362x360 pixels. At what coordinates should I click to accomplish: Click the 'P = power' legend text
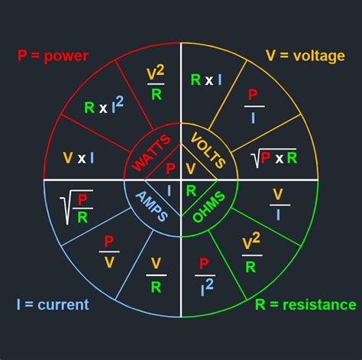pos(53,56)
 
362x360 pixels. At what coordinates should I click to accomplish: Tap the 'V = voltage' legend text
pos(305,56)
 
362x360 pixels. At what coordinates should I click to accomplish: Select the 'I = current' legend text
pos(53,304)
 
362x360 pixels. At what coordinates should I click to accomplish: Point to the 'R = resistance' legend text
pos(305,305)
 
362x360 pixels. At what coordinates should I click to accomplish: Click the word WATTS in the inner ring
pos(151,153)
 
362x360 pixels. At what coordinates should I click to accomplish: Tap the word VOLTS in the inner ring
pos(208,151)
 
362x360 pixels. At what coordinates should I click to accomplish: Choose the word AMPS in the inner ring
pos(152,206)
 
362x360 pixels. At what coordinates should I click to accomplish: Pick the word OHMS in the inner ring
pos(208,207)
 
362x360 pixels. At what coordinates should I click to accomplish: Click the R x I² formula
pos(104,105)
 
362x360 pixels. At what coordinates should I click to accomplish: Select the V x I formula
pos(79,158)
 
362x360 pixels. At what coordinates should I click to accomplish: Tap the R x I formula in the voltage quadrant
pos(206,79)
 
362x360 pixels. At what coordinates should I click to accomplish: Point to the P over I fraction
pos(254,106)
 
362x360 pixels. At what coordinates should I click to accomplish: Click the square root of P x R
pos(273,158)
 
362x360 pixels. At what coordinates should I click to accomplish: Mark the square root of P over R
pos(76,207)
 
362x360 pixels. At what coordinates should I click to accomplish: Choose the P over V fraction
pos(109,251)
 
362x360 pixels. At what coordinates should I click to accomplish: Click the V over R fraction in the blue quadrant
pos(156,275)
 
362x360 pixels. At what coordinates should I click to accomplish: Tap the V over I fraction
pos(280,205)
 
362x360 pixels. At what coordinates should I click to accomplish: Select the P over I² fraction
pos(205,277)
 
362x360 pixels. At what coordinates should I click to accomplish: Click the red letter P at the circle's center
pos(170,168)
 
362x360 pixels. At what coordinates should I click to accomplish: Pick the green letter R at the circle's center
pos(191,191)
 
